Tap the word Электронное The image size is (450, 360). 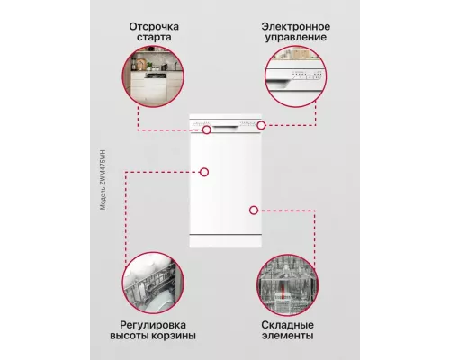pyautogui.click(x=295, y=26)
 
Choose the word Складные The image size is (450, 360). pyautogui.click(x=290, y=321)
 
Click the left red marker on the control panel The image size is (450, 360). pyautogui.click(x=207, y=130)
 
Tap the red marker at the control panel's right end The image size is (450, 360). pyautogui.click(x=261, y=126)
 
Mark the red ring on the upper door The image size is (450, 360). pyautogui.click(x=205, y=171)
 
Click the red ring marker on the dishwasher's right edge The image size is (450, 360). pyautogui.click(x=254, y=210)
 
